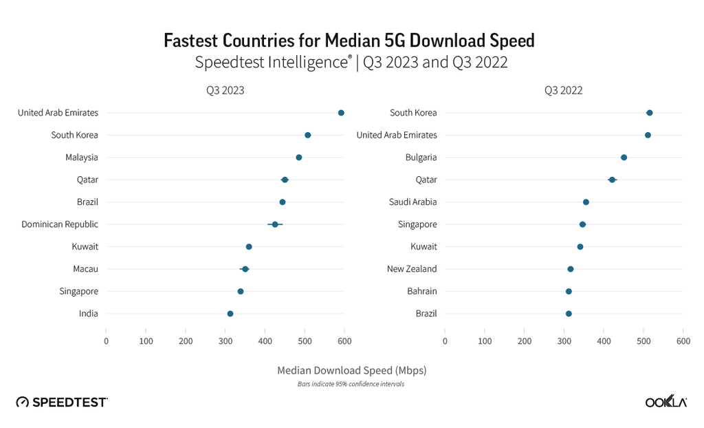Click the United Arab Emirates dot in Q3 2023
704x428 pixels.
click(341, 113)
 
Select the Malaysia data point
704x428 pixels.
click(299, 158)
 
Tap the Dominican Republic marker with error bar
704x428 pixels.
click(275, 224)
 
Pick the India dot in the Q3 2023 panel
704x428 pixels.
click(230, 314)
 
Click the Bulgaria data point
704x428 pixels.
click(624, 158)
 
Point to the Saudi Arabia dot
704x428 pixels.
click(586, 202)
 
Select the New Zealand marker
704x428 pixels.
click(570, 269)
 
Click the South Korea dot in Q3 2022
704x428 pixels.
click(650, 113)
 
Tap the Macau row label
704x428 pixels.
click(85, 269)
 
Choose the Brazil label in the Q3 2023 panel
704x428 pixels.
click(87, 202)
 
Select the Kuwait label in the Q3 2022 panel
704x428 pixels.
click(423, 246)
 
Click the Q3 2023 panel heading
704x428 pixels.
click(225, 90)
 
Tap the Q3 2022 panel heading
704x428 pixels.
click(564, 90)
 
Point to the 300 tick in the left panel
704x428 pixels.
click(225, 341)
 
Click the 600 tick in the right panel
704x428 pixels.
click(683, 341)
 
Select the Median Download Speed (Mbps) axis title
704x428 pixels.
click(351, 370)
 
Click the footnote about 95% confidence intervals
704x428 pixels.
click(351, 384)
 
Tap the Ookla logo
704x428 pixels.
click(665, 402)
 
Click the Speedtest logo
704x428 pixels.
click(62, 402)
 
